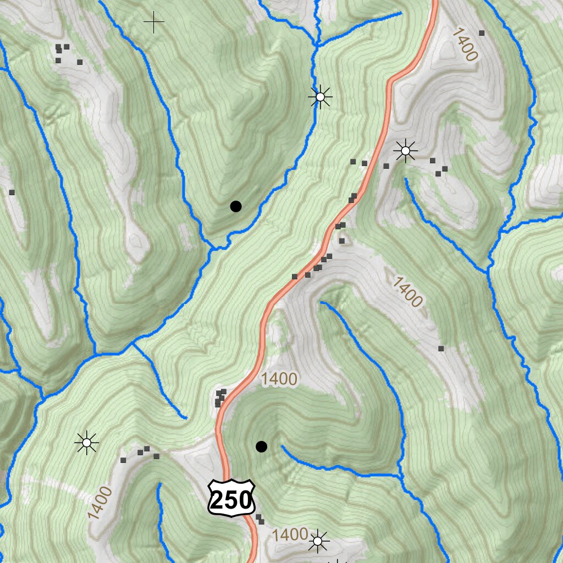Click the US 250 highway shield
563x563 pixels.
point(231,498)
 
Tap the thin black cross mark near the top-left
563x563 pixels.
point(154,22)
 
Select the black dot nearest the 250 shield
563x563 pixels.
point(262,446)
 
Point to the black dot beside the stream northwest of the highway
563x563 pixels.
point(236,207)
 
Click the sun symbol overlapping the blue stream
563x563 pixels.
point(320,97)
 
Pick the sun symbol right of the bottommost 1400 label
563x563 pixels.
point(318,542)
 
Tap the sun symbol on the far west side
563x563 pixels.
point(87,442)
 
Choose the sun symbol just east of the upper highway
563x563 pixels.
point(406,150)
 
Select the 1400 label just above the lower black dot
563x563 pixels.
point(279,379)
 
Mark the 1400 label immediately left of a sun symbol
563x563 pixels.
point(289,534)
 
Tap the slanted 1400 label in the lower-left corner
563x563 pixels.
point(100,503)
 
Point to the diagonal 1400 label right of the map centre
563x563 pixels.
point(407,292)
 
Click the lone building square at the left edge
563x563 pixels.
point(12,192)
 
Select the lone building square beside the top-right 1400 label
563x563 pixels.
point(482,33)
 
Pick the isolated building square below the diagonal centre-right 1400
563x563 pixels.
point(440,349)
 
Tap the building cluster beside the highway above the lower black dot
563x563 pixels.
point(220,398)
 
